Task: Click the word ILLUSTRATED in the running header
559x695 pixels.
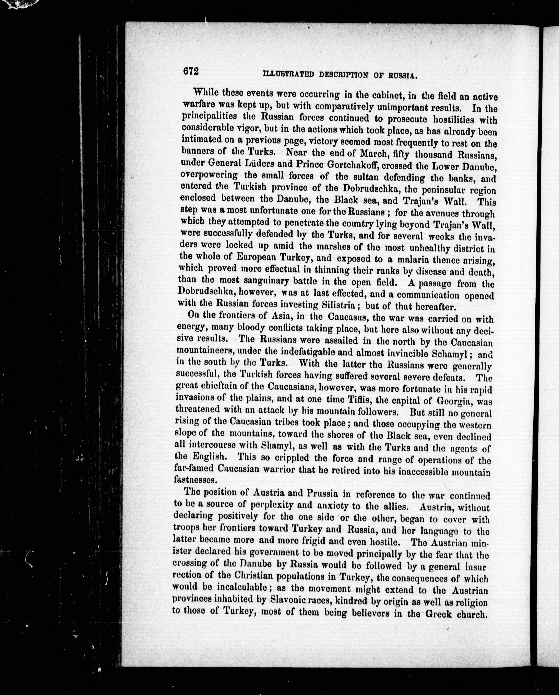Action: point(288,74)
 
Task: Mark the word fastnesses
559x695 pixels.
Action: point(195,479)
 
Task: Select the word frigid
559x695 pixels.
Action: point(297,539)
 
